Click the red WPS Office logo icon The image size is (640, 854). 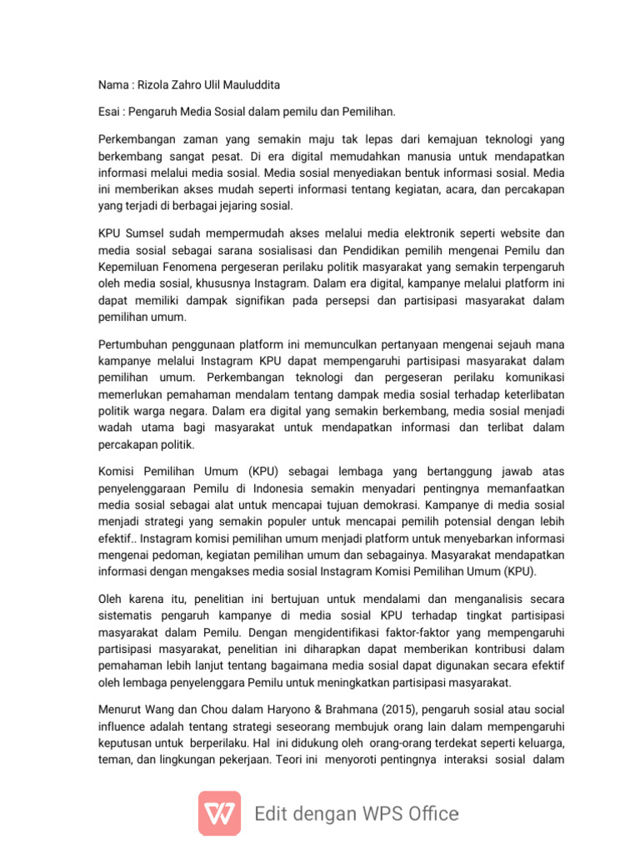coord(220,813)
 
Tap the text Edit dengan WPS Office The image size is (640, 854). coord(357,814)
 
